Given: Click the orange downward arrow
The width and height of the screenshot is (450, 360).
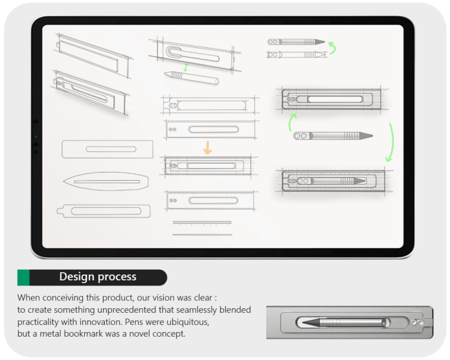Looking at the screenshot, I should (x=207, y=148).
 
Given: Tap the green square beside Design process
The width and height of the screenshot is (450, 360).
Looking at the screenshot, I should (x=23, y=277).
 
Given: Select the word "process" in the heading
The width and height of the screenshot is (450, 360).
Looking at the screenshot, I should (x=118, y=277).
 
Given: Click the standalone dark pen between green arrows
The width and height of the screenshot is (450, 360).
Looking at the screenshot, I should (x=333, y=136).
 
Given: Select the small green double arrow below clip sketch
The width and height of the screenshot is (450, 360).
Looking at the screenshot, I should (x=186, y=67).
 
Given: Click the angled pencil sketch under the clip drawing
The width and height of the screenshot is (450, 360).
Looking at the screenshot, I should (x=190, y=78).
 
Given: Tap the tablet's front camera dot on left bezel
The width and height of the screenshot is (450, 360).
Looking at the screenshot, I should (x=35, y=122).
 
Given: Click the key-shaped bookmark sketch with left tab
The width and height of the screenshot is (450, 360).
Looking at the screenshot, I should (x=104, y=211).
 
